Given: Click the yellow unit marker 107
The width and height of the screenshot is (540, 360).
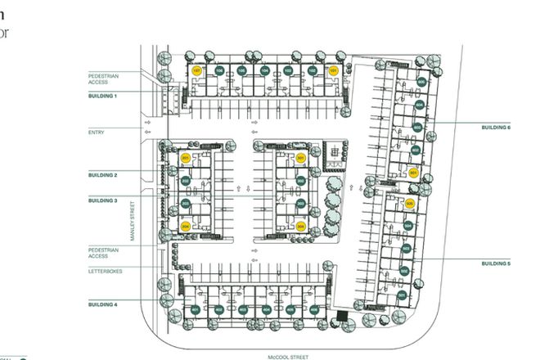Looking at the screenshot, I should [x=196, y=71].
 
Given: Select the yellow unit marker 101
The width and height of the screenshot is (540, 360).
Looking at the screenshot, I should [x=333, y=71].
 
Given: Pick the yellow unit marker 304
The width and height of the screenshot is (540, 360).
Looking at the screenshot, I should [x=301, y=226].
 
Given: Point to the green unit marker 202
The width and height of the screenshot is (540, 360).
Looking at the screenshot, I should [x=186, y=180].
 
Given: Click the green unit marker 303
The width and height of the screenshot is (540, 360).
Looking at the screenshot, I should [x=301, y=203].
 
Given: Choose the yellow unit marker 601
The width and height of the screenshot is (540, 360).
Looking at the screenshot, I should [x=414, y=173].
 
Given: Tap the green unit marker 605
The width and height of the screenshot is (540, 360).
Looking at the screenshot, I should [x=422, y=83].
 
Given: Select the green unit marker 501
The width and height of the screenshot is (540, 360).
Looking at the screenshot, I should [x=400, y=295].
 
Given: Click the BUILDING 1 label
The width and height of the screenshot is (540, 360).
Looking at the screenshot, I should [x=103, y=96].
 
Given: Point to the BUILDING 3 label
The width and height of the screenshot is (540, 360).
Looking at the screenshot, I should [x=103, y=200].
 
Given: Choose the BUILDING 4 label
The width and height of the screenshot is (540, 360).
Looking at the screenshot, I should [x=103, y=304].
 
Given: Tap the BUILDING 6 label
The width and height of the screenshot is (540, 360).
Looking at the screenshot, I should [x=497, y=128].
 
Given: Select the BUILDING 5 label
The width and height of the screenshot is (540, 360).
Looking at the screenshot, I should [x=497, y=263].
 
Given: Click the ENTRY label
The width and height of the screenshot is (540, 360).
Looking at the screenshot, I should [x=97, y=131].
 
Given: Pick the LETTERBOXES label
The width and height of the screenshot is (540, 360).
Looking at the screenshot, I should [x=105, y=271].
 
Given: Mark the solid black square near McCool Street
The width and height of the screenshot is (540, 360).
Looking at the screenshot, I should [x=342, y=316].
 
